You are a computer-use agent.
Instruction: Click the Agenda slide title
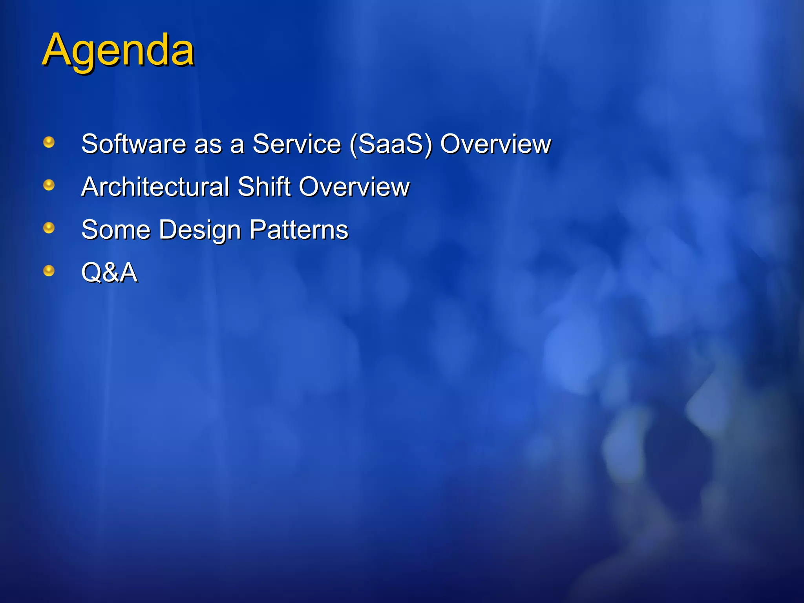click(x=118, y=51)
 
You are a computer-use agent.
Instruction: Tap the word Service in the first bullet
click(x=296, y=144)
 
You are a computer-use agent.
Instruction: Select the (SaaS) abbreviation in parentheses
click(x=391, y=144)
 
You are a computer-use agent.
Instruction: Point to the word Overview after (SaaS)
click(x=495, y=144)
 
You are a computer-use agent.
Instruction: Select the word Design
click(x=200, y=230)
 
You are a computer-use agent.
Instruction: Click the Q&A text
click(x=109, y=272)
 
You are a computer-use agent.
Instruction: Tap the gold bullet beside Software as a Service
click(x=49, y=142)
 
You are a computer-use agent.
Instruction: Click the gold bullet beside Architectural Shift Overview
click(x=49, y=185)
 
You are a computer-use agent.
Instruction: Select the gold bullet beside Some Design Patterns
click(x=49, y=228)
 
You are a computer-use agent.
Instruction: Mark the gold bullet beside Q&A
click(x=49, y=271)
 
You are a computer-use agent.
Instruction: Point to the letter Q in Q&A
click(x=91, y=272)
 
